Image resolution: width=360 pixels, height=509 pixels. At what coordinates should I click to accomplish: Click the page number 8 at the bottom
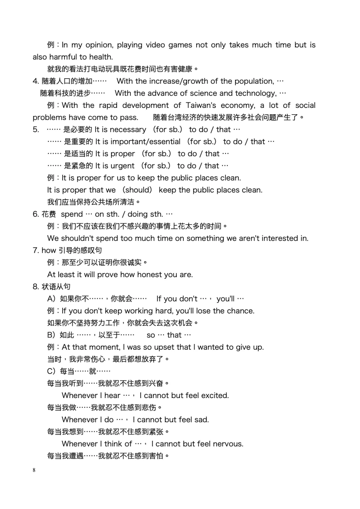point(34,470)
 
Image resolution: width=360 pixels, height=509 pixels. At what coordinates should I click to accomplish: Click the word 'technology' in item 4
point(256,93)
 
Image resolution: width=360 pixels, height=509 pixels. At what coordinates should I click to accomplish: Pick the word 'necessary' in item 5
point(128,130)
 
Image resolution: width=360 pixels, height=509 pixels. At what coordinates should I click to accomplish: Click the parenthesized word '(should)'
point(137,190)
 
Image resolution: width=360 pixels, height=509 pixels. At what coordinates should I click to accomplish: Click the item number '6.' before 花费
point(36,214)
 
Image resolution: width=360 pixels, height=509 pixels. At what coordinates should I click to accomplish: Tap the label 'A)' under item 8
point(52,299)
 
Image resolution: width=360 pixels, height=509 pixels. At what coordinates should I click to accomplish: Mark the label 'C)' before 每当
point(52,371)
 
